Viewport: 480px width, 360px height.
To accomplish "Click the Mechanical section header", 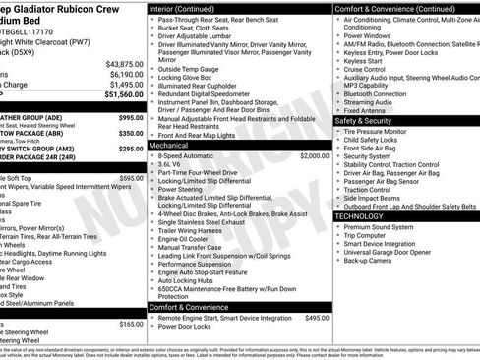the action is click(x=174, y=145).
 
